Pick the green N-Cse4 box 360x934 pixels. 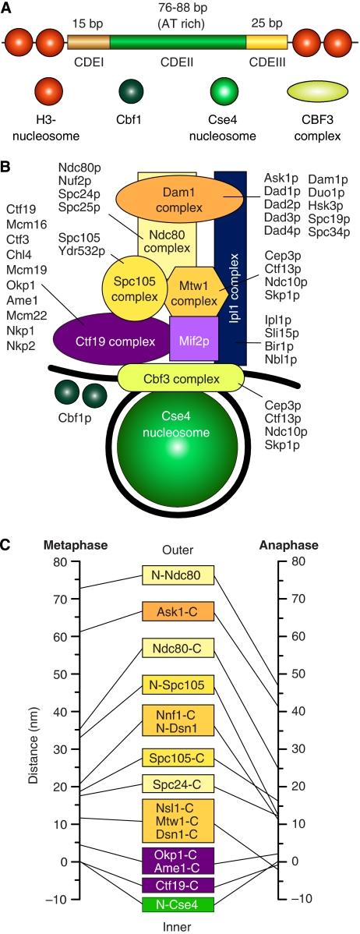pyautogui.click(x=178, y=904)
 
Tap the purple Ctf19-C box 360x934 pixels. pyautogui.click(x=178, y=884)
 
